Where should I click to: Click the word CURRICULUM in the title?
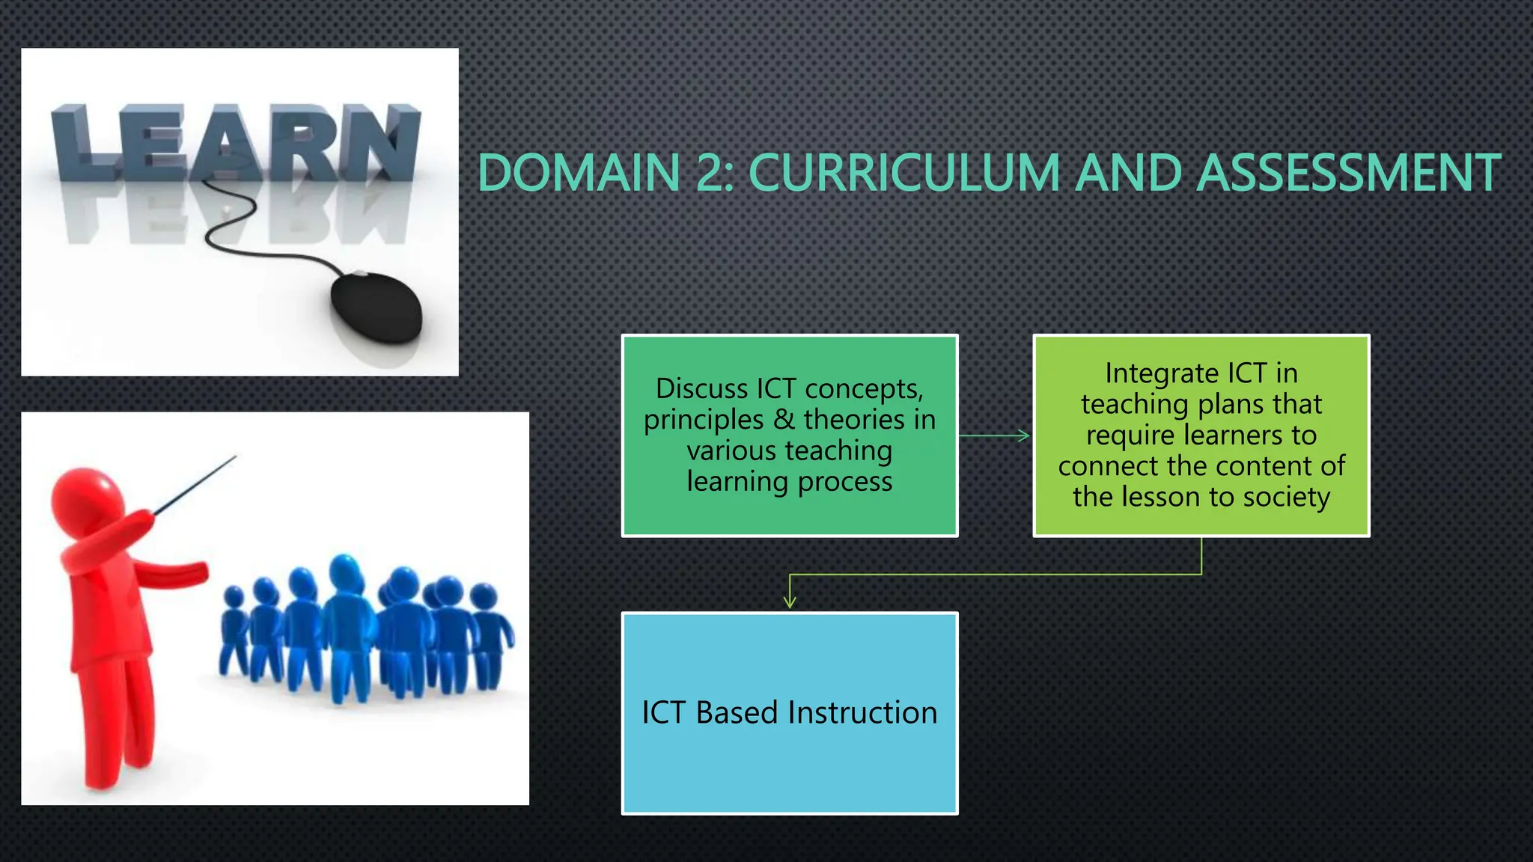[904, 173]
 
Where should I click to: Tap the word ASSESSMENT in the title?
[1349, 173]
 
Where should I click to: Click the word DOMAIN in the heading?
[579, 173]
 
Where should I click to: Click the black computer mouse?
[377, 306]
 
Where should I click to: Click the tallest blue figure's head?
[345, 572]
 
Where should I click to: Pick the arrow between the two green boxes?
[995, 435]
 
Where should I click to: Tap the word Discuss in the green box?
[701, 389]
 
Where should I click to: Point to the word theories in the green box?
[854, 420]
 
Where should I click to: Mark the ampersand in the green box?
[784, 420]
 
